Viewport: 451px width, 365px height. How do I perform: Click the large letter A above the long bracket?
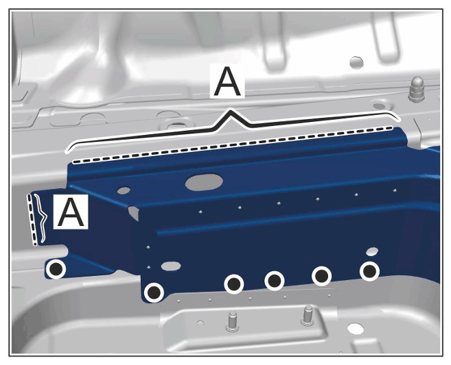[x=227, y=81]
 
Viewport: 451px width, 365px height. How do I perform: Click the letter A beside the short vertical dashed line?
[x=71, y=212]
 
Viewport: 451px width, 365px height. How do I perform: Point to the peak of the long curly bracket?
[x=229, y=111]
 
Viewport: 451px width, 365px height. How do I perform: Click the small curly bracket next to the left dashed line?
[x=42, y=218]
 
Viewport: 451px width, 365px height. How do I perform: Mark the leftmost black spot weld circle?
[x=56, y=269]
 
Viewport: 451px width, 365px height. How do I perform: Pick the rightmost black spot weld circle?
[x=369, y=271]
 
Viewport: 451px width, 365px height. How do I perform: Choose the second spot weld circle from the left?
[x=154, y=292]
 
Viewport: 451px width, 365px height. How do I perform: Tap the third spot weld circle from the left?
[x=234, y=284]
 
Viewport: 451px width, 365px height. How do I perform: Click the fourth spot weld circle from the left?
[x=275, y=281]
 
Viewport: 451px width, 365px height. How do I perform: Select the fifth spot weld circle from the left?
[x=321, y=276]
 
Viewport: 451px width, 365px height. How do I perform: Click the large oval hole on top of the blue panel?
[x=204, y=182]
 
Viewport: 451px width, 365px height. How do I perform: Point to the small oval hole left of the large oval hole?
[x=124, y=190]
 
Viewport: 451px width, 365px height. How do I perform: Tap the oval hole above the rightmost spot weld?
[x=372, y=251]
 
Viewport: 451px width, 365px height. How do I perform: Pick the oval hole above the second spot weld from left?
[x=171, y=266]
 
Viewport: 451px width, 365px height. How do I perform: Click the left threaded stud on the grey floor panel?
[x=232, y=322]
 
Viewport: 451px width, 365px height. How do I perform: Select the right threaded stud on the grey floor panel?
[x=308, y=316]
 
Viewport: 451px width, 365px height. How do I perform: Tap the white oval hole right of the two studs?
[x=356, y=329]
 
